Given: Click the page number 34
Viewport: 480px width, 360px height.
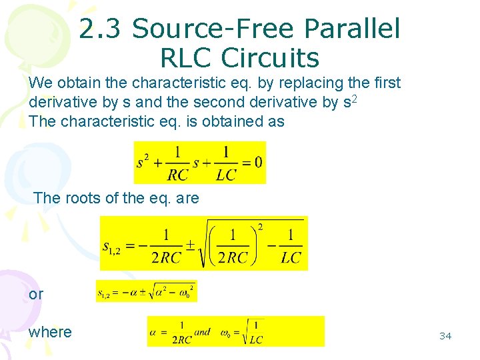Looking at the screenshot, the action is (445, 336).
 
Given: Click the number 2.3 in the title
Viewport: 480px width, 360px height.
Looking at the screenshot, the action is (102, 29).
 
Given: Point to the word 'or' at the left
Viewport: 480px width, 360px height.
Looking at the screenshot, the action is (36, 293).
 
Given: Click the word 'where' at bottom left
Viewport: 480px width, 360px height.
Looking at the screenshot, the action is (50, 332).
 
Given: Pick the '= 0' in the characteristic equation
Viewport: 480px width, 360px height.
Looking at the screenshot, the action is (251, 162).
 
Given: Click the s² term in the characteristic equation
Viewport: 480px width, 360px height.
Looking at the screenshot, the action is (143, 161).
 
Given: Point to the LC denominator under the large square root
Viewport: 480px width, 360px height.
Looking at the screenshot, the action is (291, 257).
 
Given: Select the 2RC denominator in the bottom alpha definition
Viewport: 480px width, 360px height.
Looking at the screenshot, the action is (181, 339).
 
